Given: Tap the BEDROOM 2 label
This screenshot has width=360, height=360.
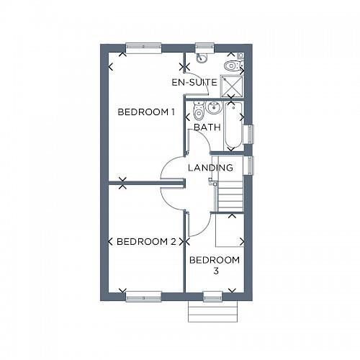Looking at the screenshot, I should tap(146, 241).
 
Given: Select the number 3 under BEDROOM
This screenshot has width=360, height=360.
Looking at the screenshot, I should tap(215, 271).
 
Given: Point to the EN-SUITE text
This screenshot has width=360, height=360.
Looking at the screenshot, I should tap(194, 83).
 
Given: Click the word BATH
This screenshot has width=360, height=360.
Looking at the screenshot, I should tap(207, 127).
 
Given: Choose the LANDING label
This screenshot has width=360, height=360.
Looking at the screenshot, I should tap(210, 168).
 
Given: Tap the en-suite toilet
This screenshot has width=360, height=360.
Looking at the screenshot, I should tap(232, 66).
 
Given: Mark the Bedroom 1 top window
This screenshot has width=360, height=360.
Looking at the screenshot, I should tap(143, 48).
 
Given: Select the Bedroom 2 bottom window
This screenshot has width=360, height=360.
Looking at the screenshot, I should tap(143, 297).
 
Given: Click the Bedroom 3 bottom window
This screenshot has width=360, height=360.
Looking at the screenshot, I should tap(213, 297).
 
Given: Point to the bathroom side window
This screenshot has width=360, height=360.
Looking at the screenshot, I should tap(249, 135).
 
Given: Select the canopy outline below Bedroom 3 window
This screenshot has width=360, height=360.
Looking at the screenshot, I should tap(213, 312).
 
